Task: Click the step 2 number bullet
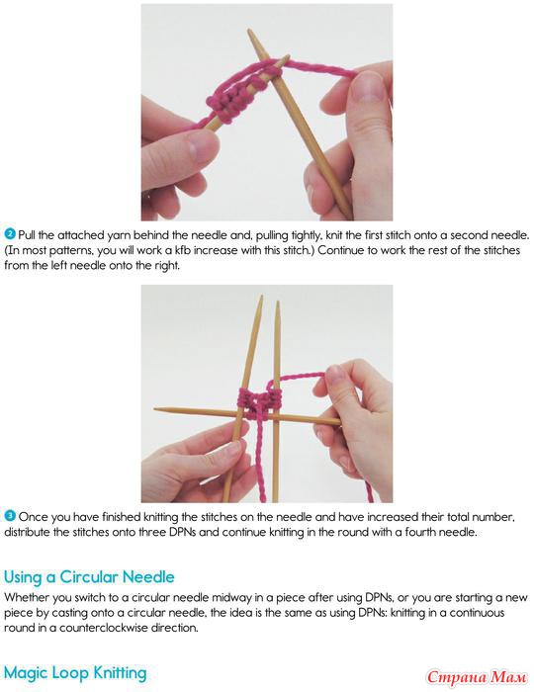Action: pos(10,234)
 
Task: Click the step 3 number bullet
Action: pos(10,515)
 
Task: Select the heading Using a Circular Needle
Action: pos(89,577)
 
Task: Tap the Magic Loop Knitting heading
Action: pos(75,673)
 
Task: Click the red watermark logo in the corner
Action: pos(477,677)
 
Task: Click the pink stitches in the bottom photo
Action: pos(259,402)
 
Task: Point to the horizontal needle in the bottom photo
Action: pos(247,416)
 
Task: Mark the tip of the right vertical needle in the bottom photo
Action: pos(278,303)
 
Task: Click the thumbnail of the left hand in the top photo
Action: pos(202,146)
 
